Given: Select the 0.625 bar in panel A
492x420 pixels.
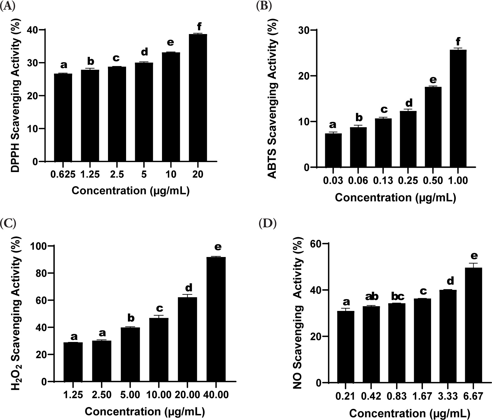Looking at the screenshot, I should coord(63,118).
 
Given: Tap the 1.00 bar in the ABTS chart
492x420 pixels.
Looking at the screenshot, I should coord(458,108).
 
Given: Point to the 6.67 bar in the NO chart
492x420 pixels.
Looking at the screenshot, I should coord(473,325).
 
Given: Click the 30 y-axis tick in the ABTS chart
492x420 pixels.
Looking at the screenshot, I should coord(304,30).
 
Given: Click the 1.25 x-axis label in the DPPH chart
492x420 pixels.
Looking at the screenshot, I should coord(90,174).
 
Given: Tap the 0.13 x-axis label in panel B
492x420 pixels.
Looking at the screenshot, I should coord(383,180).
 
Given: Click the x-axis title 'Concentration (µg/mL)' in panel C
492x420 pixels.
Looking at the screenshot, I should coord(145,412).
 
